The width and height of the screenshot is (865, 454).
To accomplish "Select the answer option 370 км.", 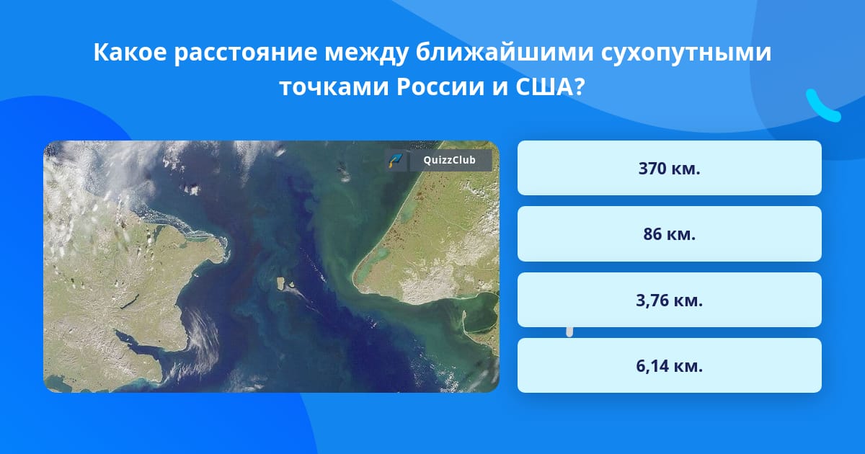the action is click(x=669, y=168).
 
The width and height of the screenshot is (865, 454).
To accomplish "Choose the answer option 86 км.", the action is click(x=669, y=234).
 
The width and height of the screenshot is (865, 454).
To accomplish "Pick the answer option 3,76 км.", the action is click(x=669, y=300).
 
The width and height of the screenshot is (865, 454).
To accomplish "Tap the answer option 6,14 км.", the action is click(x=669, y=365).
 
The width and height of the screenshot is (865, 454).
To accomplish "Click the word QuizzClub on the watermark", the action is click(x=449, y=160).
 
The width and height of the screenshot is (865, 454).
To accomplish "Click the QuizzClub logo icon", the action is click(x=396, y=160).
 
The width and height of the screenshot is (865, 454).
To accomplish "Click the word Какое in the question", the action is click(x=130, y=52).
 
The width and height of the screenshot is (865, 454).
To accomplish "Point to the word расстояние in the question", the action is click(x=246, y=53).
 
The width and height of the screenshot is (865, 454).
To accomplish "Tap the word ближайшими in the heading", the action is click(x=505, y=52).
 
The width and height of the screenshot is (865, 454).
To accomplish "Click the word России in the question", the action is click(x=440, y=87).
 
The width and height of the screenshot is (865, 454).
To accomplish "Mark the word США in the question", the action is click(x=544, y=87).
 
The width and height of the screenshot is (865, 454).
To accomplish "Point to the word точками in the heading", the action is click(x=334, y=88).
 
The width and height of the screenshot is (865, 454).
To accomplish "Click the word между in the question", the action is click(x=366, y=53).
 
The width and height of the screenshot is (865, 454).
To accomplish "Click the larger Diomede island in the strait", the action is click(x=280, y=283).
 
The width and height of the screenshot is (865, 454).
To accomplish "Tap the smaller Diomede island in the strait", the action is click(x=292, y=285).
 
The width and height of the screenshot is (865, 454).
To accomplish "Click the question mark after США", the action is click(x=580, y=87).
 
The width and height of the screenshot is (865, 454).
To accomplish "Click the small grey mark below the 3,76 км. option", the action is click(x=569, y=332).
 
